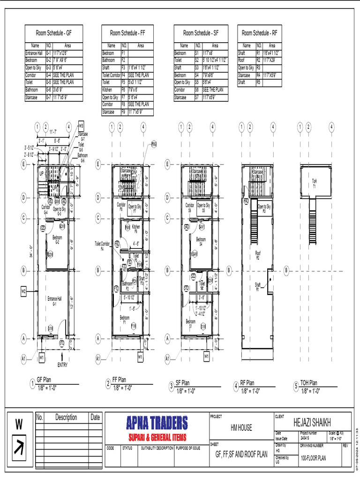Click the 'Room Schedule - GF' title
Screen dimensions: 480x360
tap(53, 33)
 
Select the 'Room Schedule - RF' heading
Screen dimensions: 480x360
tap(259, 33)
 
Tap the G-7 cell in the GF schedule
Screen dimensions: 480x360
tap(48, 97)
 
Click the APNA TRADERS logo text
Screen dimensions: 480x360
tap(157, 423)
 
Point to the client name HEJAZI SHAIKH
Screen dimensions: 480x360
tap(311, 420)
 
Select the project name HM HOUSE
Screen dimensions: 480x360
tap(241, 427)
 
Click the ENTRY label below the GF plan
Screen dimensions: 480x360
tap(63, 365)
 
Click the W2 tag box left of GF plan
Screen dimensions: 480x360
tap(24, 292)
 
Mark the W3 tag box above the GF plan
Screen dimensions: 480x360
tap(81, 126)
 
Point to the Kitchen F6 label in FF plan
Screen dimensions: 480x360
tap(136, 228)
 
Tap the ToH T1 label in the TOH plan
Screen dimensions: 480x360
tap(315, 183)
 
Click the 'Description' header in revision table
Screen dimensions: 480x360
tap(66, 417)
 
